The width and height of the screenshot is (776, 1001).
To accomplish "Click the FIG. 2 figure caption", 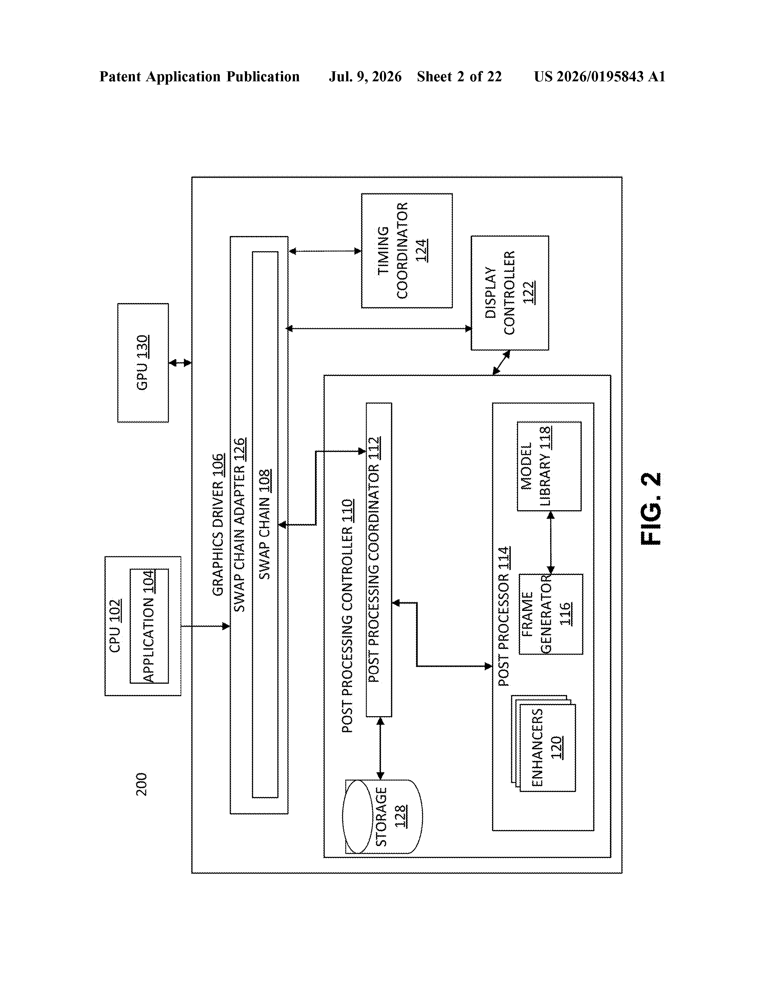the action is [x=651, y=509].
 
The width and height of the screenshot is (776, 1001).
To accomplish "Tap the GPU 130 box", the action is [x=143, y=362].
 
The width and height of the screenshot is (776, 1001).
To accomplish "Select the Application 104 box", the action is [x=149, y=626].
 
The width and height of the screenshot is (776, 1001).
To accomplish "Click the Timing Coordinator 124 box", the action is [x=407, y=251].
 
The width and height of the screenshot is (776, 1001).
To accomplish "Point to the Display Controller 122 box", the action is [x=510, y=293].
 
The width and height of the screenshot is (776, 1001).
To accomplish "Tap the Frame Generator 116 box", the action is [x=550, y=614].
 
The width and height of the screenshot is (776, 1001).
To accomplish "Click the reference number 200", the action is [x=142, y=784].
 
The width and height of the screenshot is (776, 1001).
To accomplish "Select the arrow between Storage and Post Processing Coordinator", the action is [x=380, y=748].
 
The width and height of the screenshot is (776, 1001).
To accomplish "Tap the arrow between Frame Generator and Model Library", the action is [x=550, y=543].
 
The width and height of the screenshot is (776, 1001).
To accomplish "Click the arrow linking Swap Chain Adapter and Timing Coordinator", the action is [x=325, y=251].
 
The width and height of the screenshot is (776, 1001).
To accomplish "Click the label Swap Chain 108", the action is [x=265, y=524].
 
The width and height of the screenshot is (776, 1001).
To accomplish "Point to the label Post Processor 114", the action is [x=504, y=616].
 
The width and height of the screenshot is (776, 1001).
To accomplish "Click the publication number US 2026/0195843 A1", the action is [x=600, y=76].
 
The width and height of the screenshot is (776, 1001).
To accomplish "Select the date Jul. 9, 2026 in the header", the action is [x=365, y=76].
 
